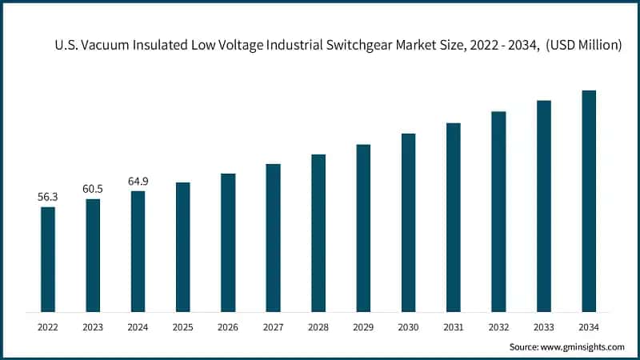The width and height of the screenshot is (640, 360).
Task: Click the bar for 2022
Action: pos(48,258)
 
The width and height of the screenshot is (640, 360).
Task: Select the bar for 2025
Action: pos(183,246)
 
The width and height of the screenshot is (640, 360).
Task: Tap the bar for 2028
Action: pos(318,232)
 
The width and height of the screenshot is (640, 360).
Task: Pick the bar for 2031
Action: pos(454,217)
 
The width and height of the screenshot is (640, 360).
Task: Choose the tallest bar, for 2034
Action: pos(589,201)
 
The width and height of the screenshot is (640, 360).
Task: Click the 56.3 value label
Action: pos(48,196)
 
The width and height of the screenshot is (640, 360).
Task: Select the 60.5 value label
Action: pos(93,188)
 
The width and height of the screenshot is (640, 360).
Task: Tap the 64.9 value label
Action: pos(138,181)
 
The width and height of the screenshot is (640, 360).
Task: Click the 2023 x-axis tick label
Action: pos(93,326)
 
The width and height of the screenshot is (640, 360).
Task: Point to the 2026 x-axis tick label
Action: pos(228,326)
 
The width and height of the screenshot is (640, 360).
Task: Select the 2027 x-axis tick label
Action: pos(274,326)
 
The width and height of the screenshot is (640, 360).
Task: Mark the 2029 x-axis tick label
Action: pos(363,326)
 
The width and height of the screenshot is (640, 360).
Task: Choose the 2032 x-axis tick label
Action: pos(498,326)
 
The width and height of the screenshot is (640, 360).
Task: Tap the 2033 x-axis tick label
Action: pos(544,326)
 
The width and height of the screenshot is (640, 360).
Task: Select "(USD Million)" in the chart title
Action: pos(578,46)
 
